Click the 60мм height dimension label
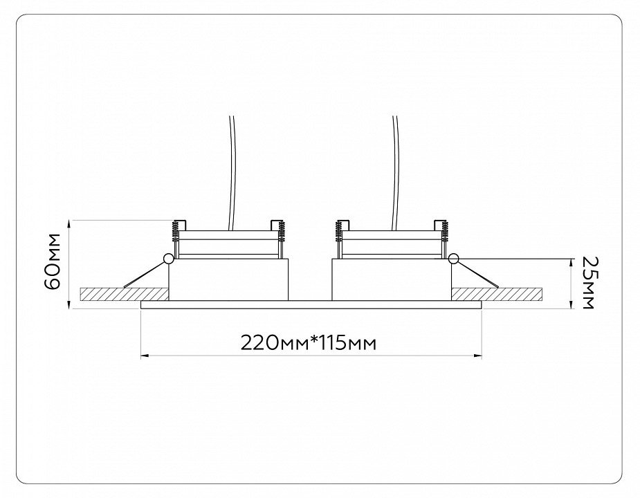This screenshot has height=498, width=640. (x=53, y=261)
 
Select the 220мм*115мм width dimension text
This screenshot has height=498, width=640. (x=308, y=343)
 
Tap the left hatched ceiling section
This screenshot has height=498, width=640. (x=125, y=294)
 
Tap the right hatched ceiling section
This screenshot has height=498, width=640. (x=497, y=294)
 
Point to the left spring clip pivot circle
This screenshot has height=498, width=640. (x=167, y=259)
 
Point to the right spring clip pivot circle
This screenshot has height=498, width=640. (x=453, y=259)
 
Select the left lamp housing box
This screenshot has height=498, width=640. (x=228, y=279)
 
